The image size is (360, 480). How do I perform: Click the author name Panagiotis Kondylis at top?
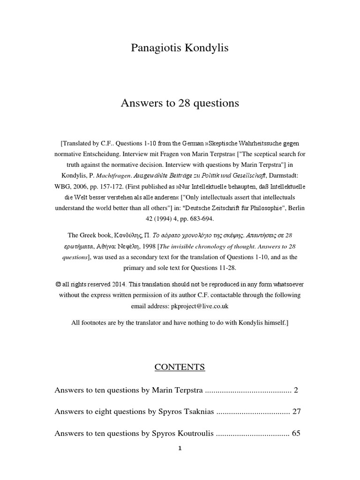click(180, 48)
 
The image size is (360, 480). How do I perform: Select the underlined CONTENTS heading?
click(180, 367)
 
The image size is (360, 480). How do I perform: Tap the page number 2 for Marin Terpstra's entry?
click(295, 390)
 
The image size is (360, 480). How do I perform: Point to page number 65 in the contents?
click(296, 434)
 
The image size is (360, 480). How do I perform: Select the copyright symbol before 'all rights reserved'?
click(58, 285)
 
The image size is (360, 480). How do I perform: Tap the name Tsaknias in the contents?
click(196, 412)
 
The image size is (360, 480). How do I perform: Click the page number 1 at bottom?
click(180, 448)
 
